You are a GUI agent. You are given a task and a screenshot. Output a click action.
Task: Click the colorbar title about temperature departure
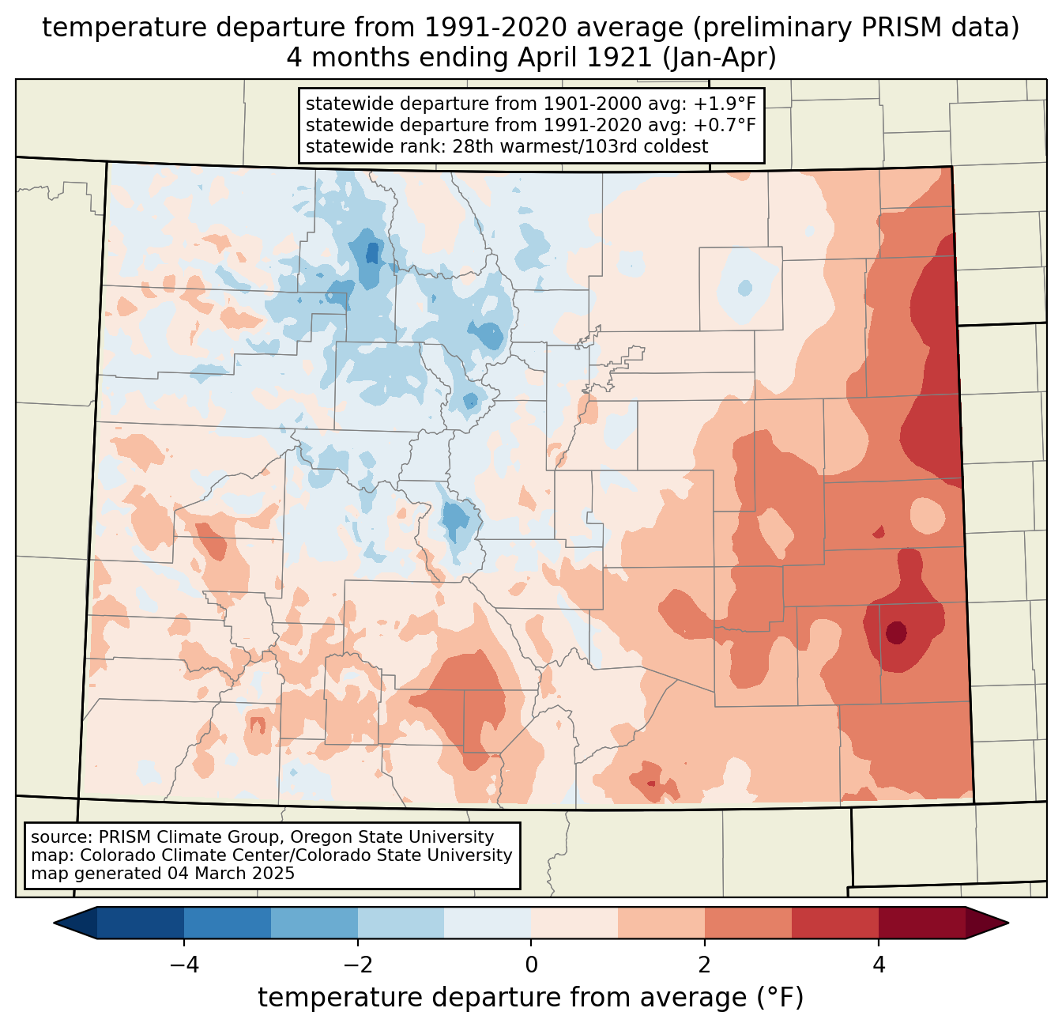[530, 998]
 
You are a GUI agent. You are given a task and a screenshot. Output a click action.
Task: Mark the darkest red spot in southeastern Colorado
[896, 632]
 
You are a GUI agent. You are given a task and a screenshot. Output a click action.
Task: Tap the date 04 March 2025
[230, 874]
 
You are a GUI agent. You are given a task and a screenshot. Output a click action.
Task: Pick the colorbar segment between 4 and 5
[922, 923]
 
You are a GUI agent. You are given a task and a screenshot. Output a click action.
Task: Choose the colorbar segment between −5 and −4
[141, 923]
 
